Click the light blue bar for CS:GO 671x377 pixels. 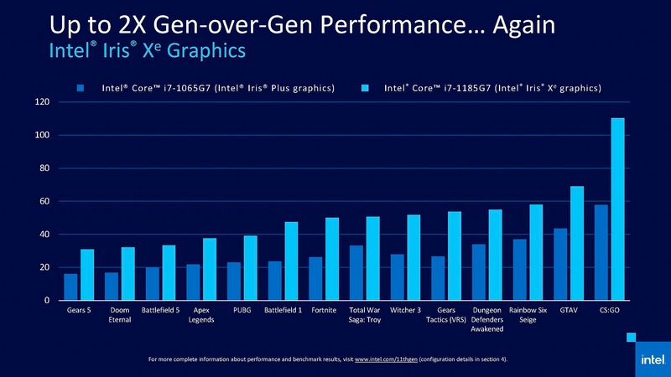tap(617, 209)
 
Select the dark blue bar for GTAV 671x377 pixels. tap(559, 265)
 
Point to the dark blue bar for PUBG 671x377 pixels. tap(233, 281)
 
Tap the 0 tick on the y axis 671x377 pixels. tap(47, 301)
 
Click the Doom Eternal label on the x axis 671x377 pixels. tap(119, 316)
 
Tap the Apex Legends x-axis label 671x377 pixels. tap(201, 316)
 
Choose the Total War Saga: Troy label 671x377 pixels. tap(365, 316)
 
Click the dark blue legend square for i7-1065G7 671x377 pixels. tap(81, 87)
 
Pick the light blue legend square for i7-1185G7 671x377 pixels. tap(366, 87)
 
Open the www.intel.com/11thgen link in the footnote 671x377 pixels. tap(386, 360)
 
